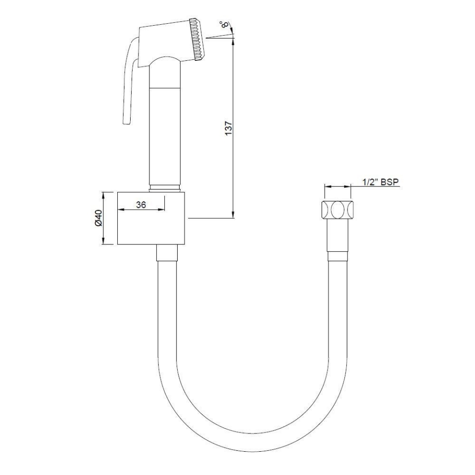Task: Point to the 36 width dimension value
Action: [x=141, y=205]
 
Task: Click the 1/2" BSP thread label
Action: [x=380, y=182]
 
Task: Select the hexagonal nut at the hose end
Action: [x=338, y=210]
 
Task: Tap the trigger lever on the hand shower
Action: [x=128, y=84]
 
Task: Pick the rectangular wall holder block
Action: [x=151, y=218]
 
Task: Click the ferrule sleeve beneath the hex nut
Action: [x=338, y=255]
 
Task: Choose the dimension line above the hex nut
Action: [x=337, y=187]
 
